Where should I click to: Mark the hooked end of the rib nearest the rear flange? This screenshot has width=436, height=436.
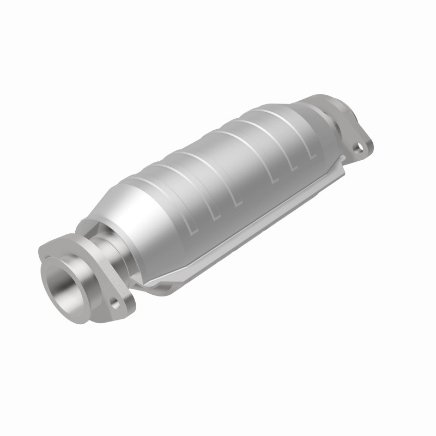pos(313,156)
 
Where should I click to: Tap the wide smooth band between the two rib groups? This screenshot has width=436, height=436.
pos(240,163)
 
